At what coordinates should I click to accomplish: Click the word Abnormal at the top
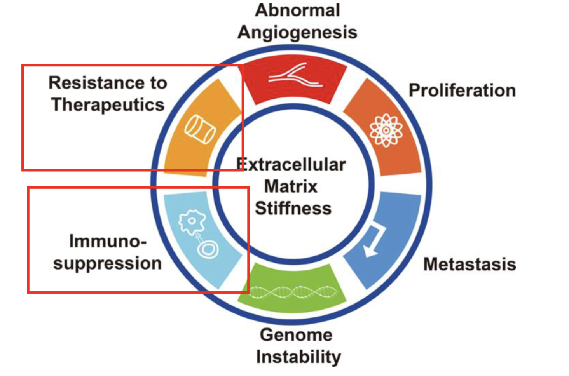tap(297, 10)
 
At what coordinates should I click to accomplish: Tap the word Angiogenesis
tap(297, 32)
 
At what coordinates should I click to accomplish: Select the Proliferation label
tap(462, 91)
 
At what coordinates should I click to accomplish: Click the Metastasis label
tap(470, 264)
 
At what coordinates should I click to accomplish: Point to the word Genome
tap(296, 335)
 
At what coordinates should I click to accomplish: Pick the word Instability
tap(298, 357)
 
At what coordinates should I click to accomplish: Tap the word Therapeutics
tap(108, 105)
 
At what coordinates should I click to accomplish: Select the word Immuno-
tap(108, 241)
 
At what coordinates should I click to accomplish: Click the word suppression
tap(107, 263)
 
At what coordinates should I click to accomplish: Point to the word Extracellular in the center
tap(291, 165)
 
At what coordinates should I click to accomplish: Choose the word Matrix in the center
tap(291, 186)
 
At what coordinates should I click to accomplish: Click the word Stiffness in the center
tap(293, 209)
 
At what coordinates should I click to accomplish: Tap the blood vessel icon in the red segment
tap(295, 76)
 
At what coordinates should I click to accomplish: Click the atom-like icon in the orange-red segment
tap(386, 131)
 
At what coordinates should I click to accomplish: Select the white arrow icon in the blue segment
tap(374, 240)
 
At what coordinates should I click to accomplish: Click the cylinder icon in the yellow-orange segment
tap(200, 129)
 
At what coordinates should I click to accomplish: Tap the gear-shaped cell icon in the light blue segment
tap(192, 222)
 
